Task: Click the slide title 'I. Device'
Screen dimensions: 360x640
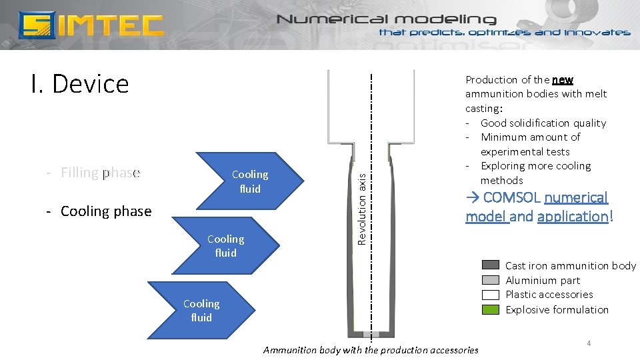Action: tap(79, 84)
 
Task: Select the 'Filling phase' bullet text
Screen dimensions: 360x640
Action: tap(100, 173)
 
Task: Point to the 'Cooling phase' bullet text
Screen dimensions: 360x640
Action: tap(105, 211)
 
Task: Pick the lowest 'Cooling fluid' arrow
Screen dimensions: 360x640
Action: tap(201, 311)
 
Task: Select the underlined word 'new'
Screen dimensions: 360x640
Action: tap(562, 80)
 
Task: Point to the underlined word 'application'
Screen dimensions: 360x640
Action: tap(572, 217)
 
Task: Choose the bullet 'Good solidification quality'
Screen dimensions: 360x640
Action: tap(543, 123)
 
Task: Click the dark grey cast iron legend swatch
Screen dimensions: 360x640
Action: tap(490, 265)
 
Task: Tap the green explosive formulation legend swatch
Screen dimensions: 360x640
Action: tap(490, 309)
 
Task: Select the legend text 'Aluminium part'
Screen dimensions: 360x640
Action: tap(543, 281)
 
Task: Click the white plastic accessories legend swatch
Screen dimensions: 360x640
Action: tap(490, 295)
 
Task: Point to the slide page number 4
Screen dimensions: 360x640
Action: tap(589, 343)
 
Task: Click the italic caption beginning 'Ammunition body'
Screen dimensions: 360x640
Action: tap(371, 350)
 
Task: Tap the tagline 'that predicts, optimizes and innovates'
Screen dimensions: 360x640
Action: tap(505, 33)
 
